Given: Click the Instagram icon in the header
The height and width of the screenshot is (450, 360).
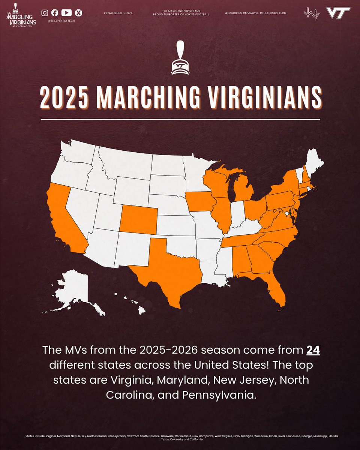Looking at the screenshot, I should (45, 13).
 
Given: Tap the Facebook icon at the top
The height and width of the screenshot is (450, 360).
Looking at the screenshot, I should (55, 13).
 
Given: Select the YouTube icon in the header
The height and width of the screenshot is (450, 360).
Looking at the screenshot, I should (66, 13).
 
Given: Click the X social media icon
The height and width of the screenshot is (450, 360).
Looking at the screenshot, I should (78, 13).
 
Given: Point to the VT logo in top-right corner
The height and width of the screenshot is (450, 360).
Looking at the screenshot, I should (338, 13).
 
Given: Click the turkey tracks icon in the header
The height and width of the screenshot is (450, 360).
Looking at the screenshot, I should (311, 13).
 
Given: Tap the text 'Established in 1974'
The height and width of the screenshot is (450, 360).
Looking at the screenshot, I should (118, 13).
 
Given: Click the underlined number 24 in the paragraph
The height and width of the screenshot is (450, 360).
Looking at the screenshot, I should (313, 351).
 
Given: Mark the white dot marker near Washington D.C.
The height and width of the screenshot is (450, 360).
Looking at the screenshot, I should (287, 213).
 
